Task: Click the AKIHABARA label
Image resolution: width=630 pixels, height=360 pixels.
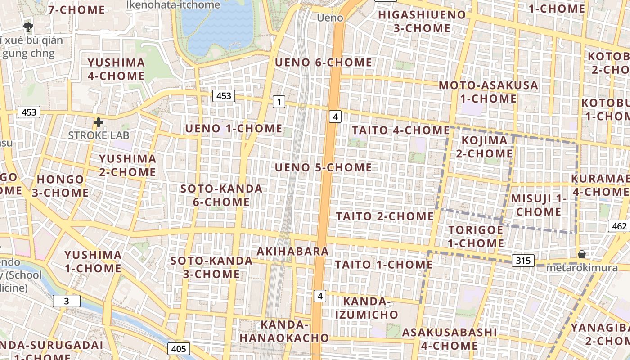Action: tap(292, 251)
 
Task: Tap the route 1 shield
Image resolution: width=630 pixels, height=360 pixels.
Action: tap(279, 102)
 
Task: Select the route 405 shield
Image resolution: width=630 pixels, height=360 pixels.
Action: tap(179, 348)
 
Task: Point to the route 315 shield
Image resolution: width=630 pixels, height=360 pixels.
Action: tap(522, 260)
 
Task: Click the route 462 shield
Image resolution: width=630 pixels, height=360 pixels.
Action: tap(618, 226)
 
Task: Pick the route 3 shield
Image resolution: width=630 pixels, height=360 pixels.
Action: tap(67, 301)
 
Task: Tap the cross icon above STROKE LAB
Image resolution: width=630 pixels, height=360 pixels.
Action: tap(98, 122)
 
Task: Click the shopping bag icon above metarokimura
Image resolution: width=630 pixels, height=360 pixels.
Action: tap(581, 254)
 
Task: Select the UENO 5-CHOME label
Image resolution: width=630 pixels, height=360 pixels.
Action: tap(323, 168)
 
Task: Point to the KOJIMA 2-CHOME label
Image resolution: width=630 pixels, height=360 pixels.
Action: tap(484, 147)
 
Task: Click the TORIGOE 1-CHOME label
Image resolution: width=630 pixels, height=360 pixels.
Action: tap(476, 237)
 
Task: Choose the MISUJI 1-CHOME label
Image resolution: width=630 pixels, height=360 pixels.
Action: tap(539, 205)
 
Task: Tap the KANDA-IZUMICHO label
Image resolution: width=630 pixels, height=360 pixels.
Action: tap(367, 308)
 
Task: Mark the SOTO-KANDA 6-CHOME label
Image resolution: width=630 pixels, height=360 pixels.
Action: tap(221, 195)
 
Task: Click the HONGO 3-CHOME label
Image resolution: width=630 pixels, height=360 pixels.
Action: tap(60, 186)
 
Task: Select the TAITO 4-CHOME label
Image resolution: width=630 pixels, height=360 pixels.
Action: tap(400, 130)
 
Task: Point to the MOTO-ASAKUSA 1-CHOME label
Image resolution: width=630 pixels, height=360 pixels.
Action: tap(488, 92)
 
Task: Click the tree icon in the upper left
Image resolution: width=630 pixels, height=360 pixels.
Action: tap(28, 26)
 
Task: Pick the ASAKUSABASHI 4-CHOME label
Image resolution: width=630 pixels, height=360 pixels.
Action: tap(449, 339)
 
